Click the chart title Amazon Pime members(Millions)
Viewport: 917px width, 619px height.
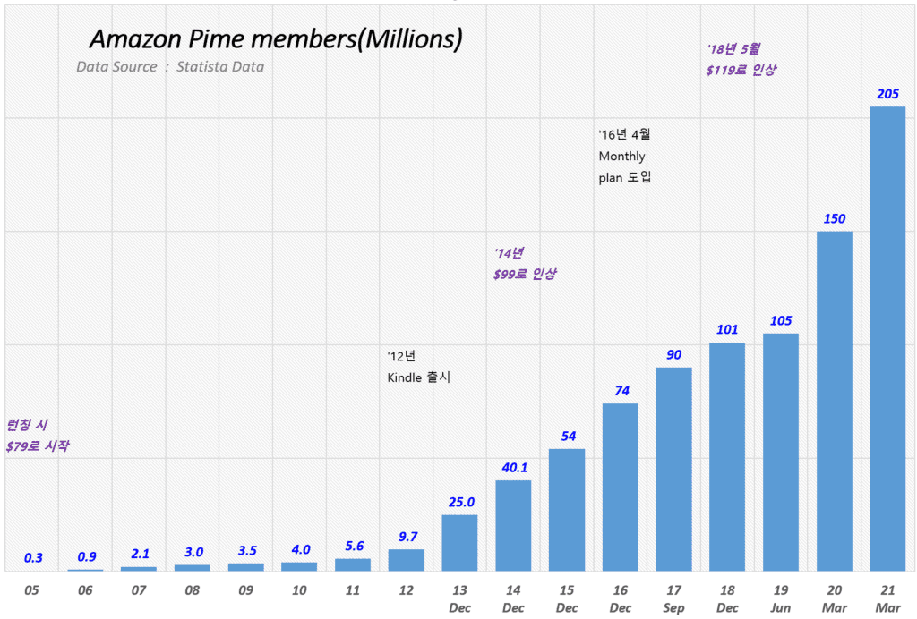click(276, 39)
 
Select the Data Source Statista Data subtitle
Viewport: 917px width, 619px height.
click(170, 67)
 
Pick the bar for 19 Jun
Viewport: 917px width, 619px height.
click(781, 452)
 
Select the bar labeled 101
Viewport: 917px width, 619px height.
click(727, 456)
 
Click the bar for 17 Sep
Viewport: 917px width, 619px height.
click(673, 469)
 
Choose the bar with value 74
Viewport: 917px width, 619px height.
click(621, 487)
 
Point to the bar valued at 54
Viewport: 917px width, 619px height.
click(567, 509)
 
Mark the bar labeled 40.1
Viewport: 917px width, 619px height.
click(513, 525)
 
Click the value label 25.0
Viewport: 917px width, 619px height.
click(460, 502)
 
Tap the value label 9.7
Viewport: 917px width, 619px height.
click(407, 537)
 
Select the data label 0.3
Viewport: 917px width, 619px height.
click(33, 558)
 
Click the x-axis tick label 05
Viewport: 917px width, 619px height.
click(32, 591)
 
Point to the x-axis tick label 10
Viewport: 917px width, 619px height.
click(299, 591)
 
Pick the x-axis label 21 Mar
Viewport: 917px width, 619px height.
click(887, 598)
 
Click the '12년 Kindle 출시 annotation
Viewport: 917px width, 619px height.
click(418, 367)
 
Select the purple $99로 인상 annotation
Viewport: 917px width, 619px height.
click(525, 275)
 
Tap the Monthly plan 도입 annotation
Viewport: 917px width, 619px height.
click(624, 166)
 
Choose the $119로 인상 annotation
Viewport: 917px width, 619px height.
click(741, 70)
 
